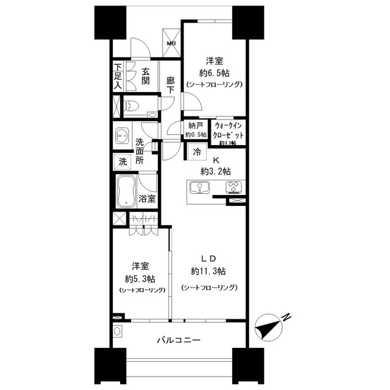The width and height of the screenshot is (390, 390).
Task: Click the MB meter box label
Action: [x=172, y=44]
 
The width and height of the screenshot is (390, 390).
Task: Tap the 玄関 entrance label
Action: [x=146, y=76]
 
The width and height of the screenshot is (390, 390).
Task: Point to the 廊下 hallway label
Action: [x=171, y=83]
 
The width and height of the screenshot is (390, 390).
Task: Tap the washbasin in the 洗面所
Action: [x=122, y=136]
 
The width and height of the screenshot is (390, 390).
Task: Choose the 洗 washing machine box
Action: [x=123, y=162]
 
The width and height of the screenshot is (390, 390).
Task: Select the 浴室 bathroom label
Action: [x=146, y=199]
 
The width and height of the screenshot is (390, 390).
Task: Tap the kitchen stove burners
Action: [x=233, y=187]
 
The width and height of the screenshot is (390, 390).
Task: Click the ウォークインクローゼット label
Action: [x=229, y=130]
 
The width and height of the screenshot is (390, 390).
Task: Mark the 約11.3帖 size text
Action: [x=208, y=271]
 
